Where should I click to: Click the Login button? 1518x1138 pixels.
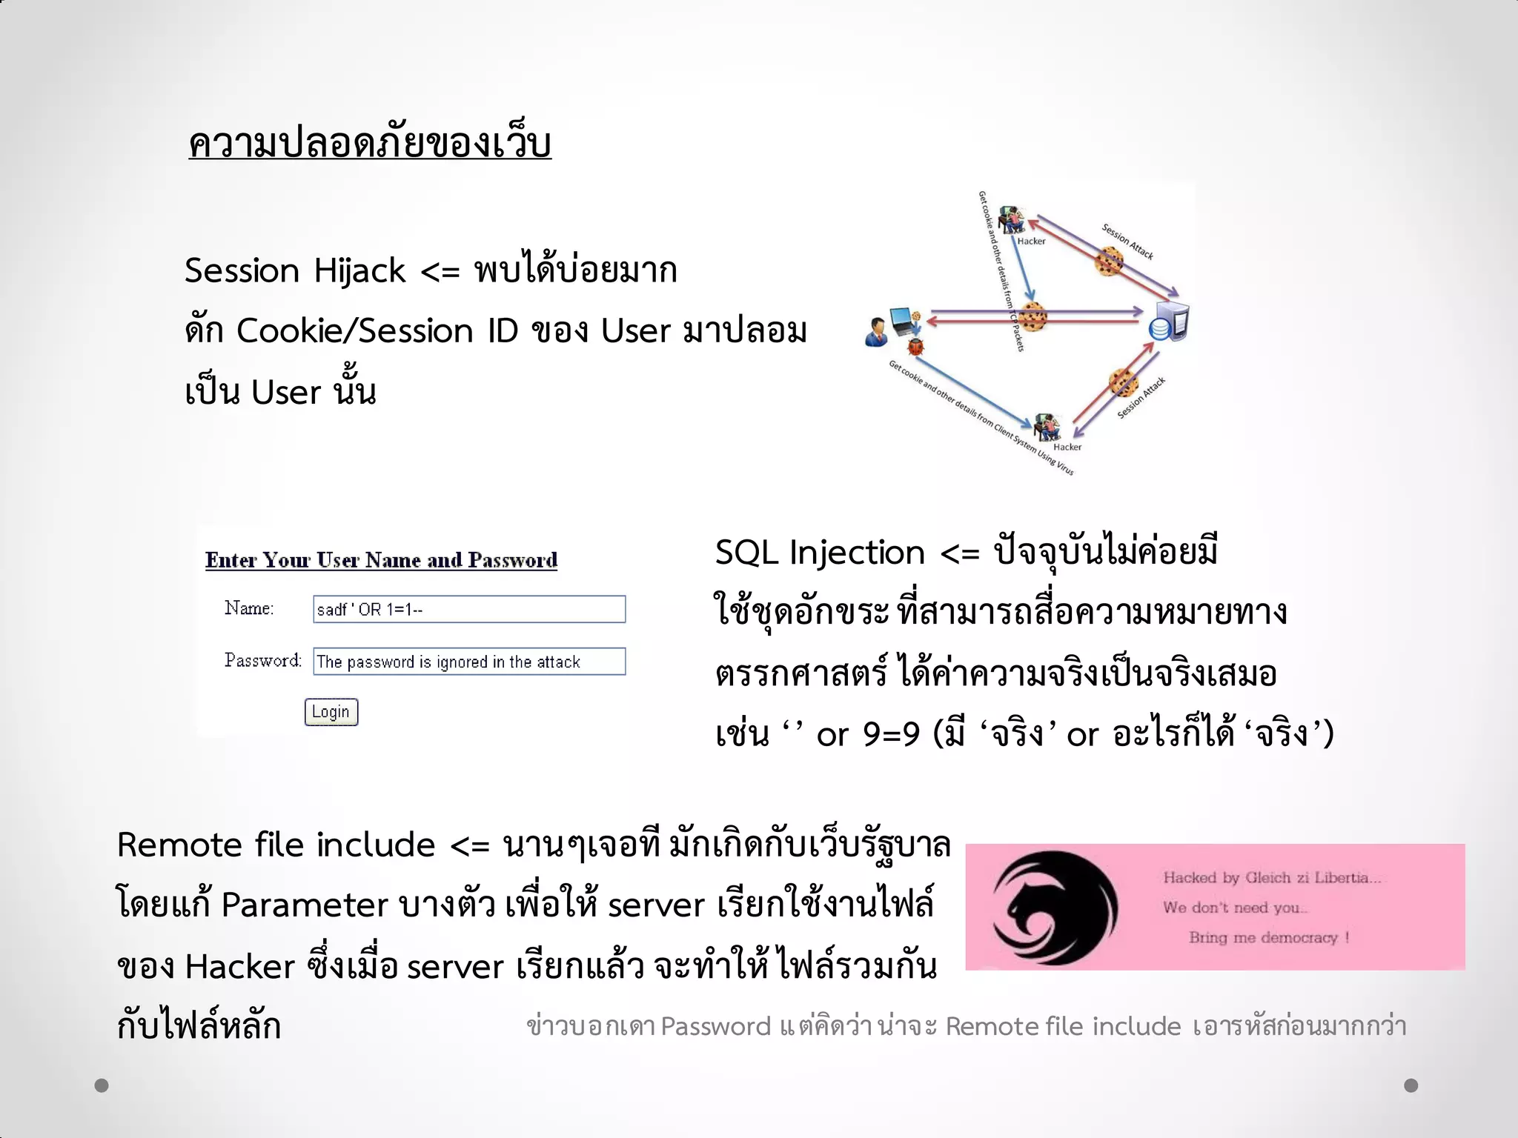pos(331,712)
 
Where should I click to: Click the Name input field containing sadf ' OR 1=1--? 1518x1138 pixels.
pos(468,609)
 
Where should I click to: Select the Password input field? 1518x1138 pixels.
pos(468,661)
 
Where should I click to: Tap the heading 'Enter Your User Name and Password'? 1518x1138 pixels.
pos(381,560)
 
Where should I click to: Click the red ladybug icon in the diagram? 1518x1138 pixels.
pos(916,345)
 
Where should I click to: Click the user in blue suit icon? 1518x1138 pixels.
pos(877,331)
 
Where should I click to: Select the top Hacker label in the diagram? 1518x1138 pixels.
pos(1031,241)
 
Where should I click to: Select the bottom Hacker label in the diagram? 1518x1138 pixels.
pos(1067,447)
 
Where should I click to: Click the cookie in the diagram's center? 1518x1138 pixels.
pos(1031,316)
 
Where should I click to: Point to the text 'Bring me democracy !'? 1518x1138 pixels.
pos(1269,937)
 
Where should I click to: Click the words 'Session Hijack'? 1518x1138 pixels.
pos(295,270)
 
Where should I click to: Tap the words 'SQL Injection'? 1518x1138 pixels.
pos(820,553)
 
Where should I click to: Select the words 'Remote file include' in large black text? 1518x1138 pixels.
pos(276,845)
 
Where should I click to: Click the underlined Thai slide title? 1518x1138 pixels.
pos(370,142)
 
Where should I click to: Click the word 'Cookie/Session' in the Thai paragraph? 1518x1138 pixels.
pos(354,330)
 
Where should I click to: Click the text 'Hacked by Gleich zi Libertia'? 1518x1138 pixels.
pos(1271,878)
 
